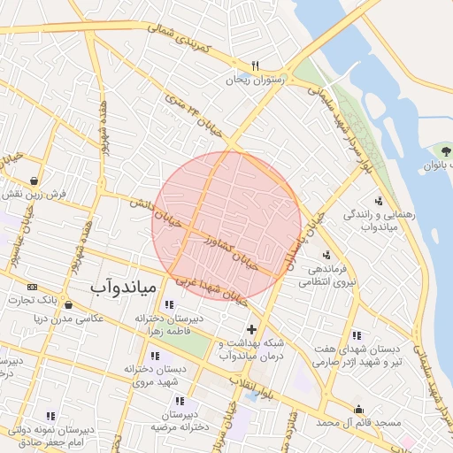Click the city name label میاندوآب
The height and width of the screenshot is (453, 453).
pos(124,288)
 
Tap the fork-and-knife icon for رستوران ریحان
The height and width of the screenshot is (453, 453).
pos(255,65)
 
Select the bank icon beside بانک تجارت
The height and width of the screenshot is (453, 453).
pos(33,288)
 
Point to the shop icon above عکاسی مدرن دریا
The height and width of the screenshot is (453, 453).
pos(68,304)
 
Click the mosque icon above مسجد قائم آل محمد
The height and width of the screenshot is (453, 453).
pos(358,410)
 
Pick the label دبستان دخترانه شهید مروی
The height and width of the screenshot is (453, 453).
pos(157,376)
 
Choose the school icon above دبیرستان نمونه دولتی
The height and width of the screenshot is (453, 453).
pos(50,416)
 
